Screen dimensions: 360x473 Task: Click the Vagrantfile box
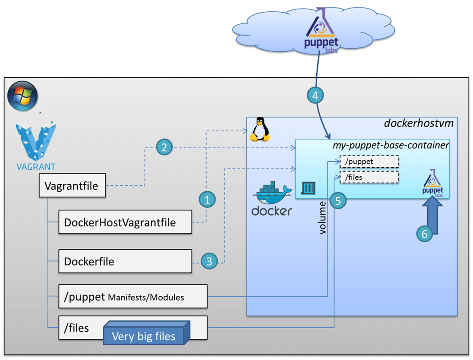[x=72, y=186]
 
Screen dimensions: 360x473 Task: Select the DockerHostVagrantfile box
[x=125, y=222]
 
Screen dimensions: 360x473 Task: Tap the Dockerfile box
[x=125, y=261]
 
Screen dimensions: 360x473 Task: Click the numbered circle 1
[x=207, y=200]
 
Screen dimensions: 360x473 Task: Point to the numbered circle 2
[x=164, y=148]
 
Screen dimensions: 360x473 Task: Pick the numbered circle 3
[x=209, y=261]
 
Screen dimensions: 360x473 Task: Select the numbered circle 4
[x=315, y=96]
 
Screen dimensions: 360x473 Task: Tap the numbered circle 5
[x=338, y=201]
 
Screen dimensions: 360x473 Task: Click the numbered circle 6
[x=425, y=234]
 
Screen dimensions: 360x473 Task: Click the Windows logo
[x=22, y=96]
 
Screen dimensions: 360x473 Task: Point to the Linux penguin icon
[x=259, y=129]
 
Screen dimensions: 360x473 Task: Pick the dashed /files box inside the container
[x=369, y=177]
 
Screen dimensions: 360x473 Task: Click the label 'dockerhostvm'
[x=419, y=123]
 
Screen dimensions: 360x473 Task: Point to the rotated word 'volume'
[x=322, y=217]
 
